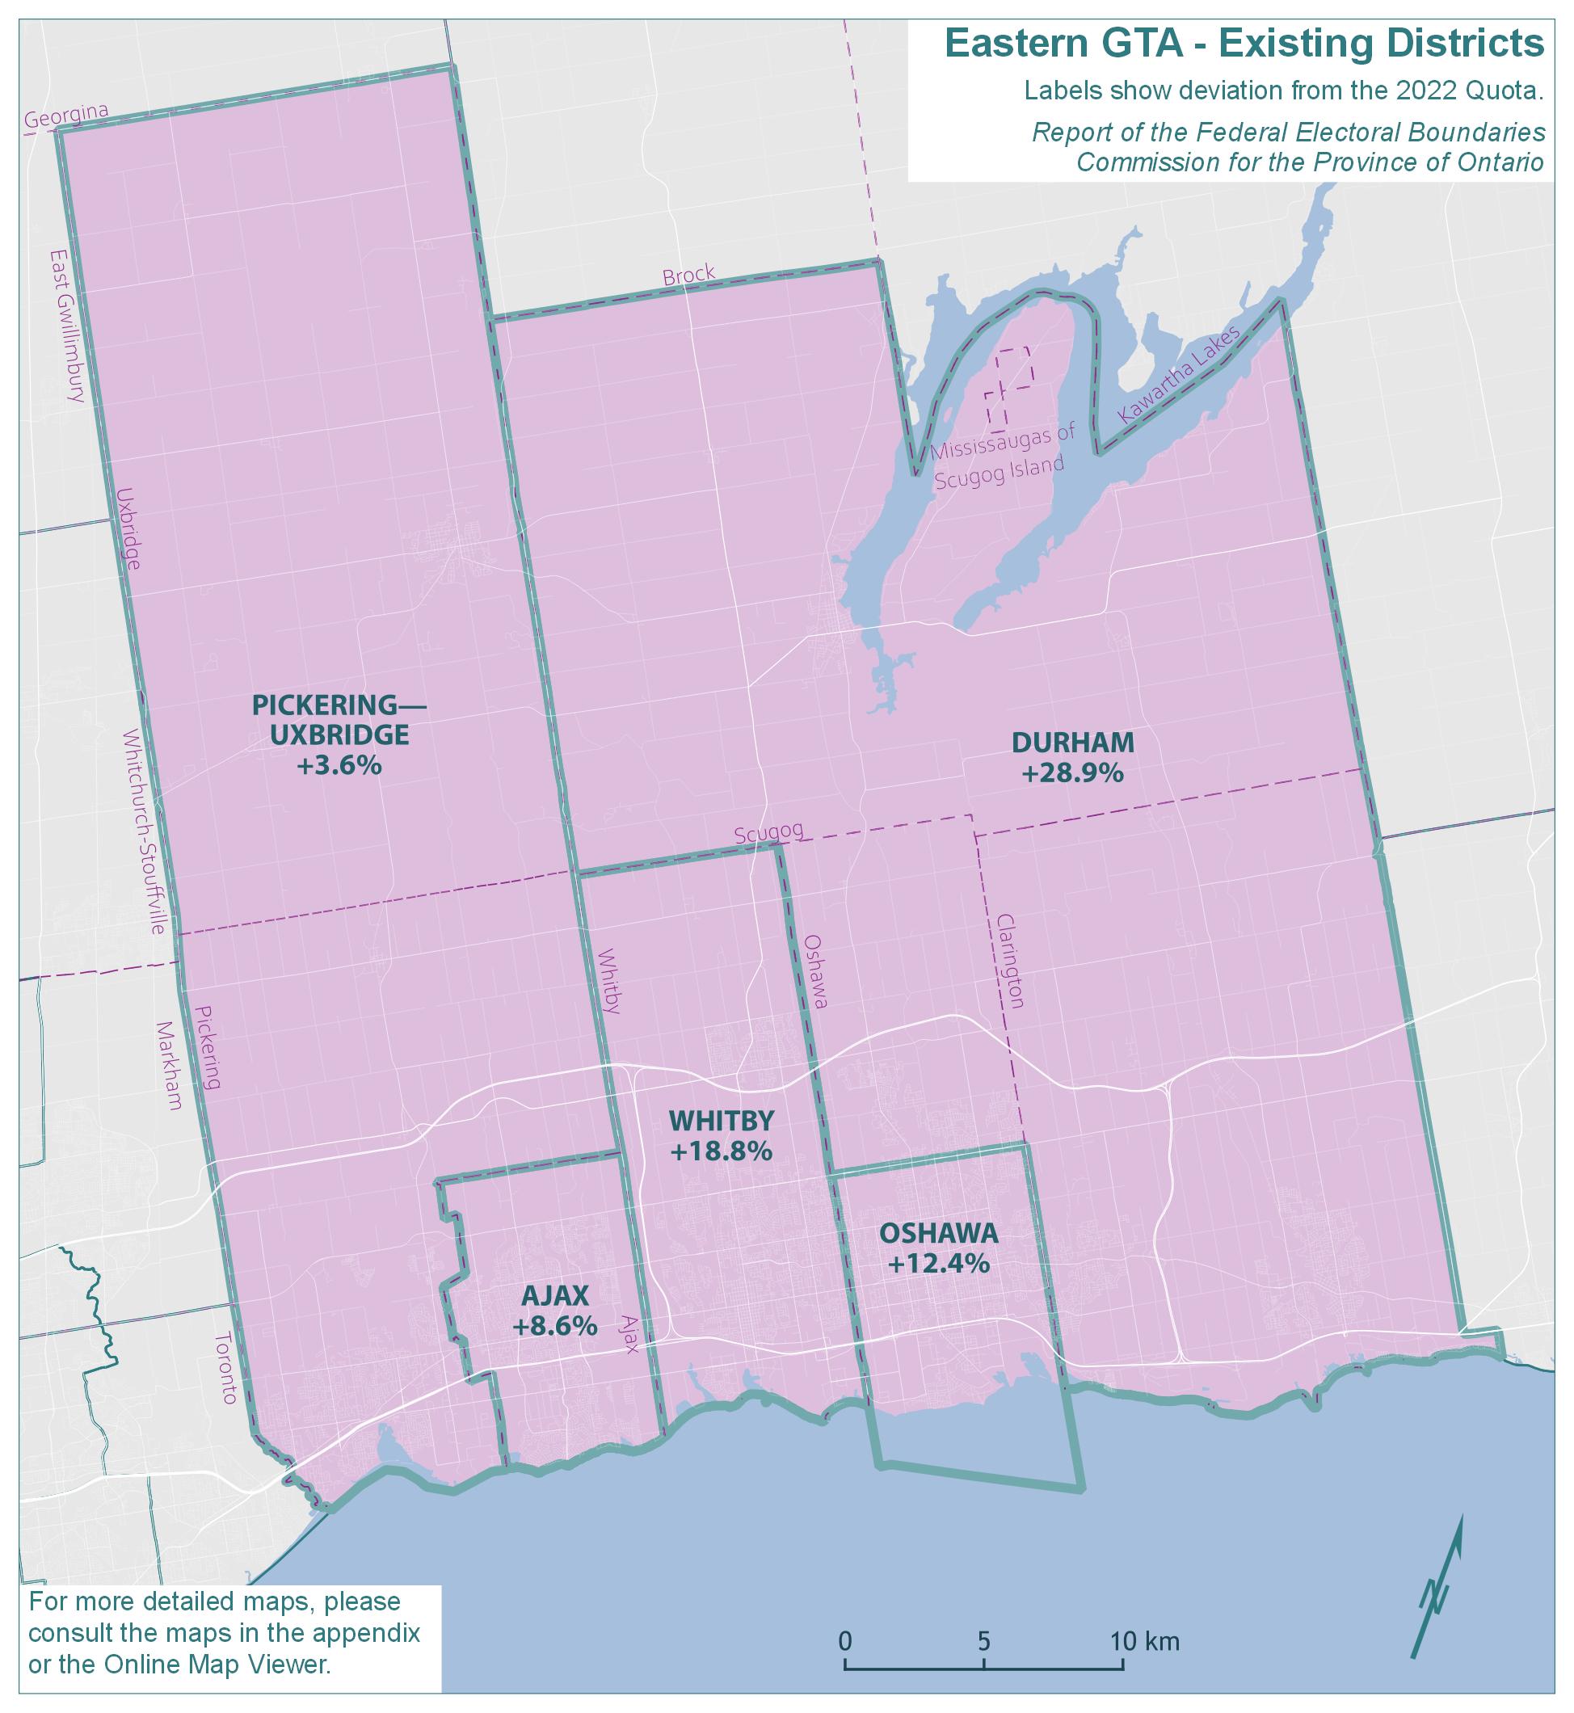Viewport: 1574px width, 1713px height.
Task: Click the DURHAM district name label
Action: coord(1072,743)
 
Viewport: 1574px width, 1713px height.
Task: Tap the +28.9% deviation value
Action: coord(1072,773)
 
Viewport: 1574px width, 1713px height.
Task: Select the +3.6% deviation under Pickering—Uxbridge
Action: coord(338,766)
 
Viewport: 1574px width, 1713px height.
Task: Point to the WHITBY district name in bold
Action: coord(722,1120)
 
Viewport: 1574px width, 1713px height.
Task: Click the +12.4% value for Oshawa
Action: coord(938,1263)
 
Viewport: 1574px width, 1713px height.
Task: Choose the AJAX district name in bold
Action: coord(554,1295)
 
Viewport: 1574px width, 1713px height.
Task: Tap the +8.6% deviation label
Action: coord(554,1326)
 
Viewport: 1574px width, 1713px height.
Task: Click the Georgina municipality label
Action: coord(66,116)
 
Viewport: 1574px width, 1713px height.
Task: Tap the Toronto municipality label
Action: coord(226,1368)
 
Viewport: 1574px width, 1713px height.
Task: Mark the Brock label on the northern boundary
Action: coord(688,276)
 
